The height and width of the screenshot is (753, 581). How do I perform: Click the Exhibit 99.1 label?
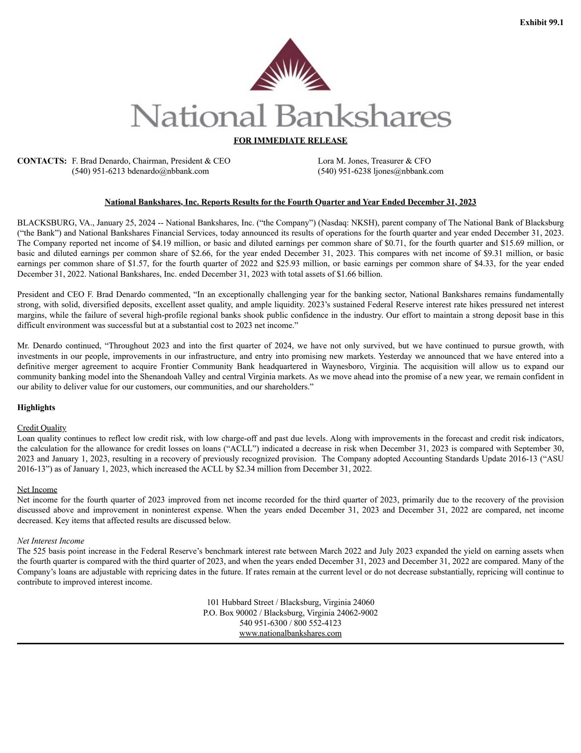click(541, 23)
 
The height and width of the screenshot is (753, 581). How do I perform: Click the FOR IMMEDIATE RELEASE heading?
click(290, 140)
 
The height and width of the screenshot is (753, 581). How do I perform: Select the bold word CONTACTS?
click(42, 161)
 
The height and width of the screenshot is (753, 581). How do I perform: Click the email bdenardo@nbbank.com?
click(168, 171)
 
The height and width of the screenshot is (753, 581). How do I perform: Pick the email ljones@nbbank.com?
click(408, 171)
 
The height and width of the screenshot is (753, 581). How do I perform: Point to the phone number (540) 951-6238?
click(345, 171)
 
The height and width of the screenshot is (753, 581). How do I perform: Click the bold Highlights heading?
click(36, 407)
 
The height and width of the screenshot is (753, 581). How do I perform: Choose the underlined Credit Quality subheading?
click(42, 428)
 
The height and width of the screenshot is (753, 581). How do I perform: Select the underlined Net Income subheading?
click(37, 489)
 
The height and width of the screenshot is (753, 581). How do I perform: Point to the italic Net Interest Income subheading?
click(50, 541)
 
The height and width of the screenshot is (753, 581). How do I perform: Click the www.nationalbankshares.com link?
click(290, 633)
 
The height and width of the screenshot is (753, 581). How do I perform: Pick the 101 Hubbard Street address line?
click(290, 602)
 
